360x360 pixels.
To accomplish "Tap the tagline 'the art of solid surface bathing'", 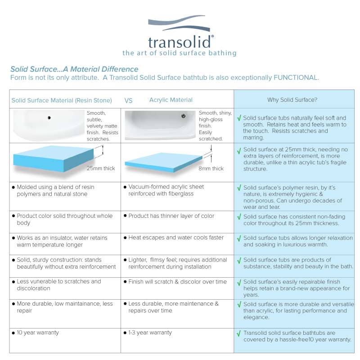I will pyautogui.click(x=180, y=53).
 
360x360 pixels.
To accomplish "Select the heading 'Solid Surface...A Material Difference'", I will pyautogui.click(x=74, y=69).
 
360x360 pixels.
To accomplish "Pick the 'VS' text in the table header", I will pyautogui.click(x=128, y=100).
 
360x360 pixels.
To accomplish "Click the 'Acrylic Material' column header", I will pyautogui.click(x=171, y=100).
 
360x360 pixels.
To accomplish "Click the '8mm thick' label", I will pyautogui.click(x=211, y=169).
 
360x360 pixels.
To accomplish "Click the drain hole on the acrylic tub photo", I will pyautogui.click(x=183, y=116).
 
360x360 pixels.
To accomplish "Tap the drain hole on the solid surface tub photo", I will pyautogui.click(x=48, y=118).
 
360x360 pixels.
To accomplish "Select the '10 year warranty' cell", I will pyautogui.click(x=38, y=333).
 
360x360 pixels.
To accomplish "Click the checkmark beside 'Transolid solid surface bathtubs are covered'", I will pyautogui.click(x=238, y=334).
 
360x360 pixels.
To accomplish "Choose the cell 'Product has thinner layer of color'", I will pyautogui.click(x=171, y=216).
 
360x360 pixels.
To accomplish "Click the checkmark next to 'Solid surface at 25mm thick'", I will pyautogui.click(x=238, y=151).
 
